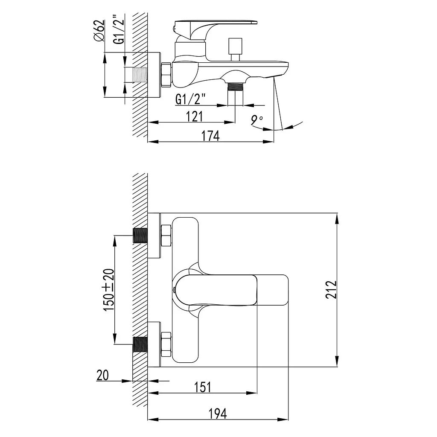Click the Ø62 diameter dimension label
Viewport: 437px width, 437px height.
[99, 31]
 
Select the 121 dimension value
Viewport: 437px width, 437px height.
[194, 117]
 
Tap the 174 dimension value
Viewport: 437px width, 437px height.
[210, 136]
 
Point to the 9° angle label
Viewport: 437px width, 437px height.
[256, 120]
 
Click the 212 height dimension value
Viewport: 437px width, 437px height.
[331, 290]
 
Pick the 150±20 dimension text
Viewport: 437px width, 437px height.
[109, 290]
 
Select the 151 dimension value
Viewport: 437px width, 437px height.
[203, 387]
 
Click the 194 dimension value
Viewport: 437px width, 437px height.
[218, 414]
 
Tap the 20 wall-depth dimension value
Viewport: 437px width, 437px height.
[102, 375]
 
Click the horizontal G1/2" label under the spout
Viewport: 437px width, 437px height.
[190, 99]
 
